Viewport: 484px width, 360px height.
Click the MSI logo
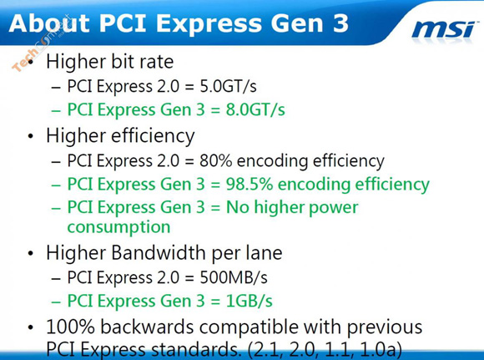tap(443, 30)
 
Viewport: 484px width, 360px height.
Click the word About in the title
tap(49, 23)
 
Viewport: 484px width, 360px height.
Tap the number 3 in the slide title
tap(340, 23)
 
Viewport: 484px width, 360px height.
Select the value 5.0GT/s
tap(228, 86)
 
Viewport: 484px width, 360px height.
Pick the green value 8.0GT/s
tap(255, 109)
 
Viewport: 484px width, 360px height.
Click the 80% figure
tap(215, 160)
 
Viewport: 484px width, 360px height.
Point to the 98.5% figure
tap(250, 184)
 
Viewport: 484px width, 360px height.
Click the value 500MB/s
tap(234, 277)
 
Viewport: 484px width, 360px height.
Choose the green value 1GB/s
tap(250, 301)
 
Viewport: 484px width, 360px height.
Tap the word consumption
tap(118, 227)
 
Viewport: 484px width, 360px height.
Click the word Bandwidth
tap(159, 252)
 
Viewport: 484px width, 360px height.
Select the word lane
tap(264, 252)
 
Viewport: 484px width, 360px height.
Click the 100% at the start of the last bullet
tap(70, 327)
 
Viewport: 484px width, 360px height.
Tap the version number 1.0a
tap(381, 350)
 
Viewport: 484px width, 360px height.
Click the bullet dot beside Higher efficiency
tap(30, 136)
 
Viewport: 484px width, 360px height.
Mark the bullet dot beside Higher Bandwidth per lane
tap(30, 253)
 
